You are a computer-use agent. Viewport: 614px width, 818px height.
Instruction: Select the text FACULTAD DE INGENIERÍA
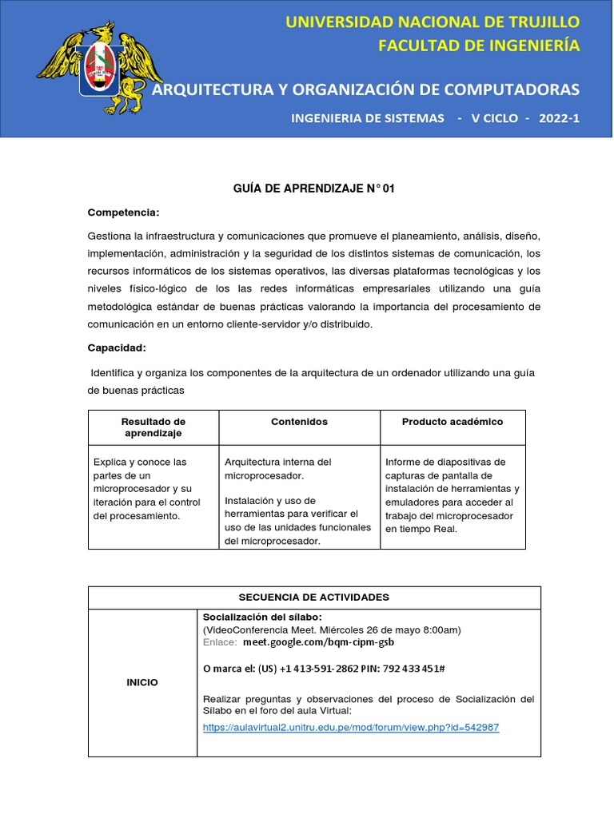[x=479, y=46]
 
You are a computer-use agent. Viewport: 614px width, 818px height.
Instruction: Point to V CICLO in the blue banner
[x=492, y=118]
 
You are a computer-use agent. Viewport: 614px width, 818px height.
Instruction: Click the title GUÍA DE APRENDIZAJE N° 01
[x=313, y=189]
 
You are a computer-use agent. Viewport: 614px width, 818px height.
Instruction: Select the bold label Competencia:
[x=123, y=212]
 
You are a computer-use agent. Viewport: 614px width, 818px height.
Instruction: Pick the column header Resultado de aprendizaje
[x=153, y=427]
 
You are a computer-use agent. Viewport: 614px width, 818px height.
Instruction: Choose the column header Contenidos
[x=299, y=422]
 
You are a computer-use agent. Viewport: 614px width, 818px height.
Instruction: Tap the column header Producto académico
[x=453, y=422]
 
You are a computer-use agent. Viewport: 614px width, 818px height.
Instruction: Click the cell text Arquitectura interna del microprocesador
[x=277, y=469]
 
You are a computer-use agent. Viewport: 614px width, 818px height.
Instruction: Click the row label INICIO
[x=142, y=682]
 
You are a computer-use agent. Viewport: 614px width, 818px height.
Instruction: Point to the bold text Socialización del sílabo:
[x=262, y=617]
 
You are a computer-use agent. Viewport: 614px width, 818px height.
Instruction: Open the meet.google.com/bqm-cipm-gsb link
[x=318, y=642]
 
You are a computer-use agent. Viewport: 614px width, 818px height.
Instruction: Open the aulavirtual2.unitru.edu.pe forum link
[x=351, y=728]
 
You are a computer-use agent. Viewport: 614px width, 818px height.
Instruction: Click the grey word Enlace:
[x=220, y=642]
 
